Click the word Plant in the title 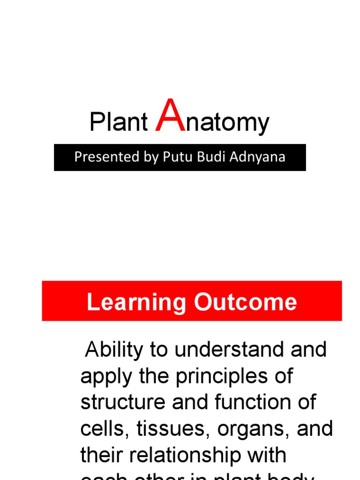tap(119, 123)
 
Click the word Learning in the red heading tap(136, 302)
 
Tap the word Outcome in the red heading tap(246, 302)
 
